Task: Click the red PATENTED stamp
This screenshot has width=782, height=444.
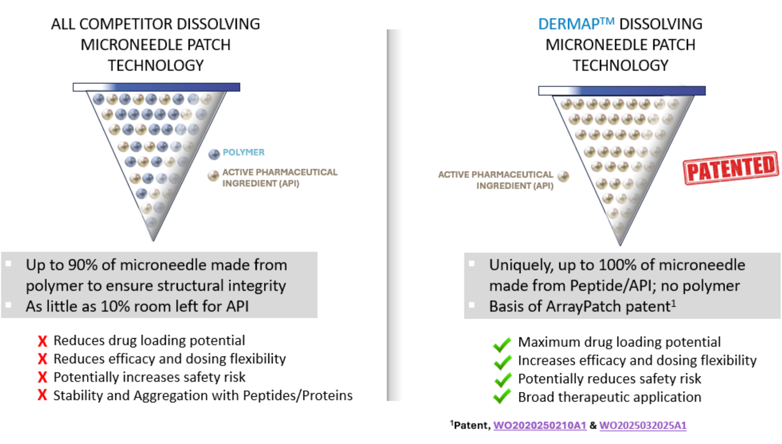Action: (x=731, y=168)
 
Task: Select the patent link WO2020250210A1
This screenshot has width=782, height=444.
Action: (x=540, y=425)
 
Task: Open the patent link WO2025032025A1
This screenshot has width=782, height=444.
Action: (x=643, y=425)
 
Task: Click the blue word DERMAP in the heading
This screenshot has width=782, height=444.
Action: (x=569, y=24)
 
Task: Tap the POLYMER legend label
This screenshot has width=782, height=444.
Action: (x=244, y=152)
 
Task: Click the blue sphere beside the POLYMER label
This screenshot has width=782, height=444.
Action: (x=214, y=154)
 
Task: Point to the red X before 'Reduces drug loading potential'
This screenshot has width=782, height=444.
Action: (x=43, y=341)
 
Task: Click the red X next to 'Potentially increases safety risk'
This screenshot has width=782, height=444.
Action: (x=43, y=377)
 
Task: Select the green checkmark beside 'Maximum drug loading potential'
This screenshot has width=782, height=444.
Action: (x=502, y=344)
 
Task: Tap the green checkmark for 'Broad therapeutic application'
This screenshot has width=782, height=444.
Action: (x=502, y=398)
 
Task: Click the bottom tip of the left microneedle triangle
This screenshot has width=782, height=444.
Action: (x=153, y=241)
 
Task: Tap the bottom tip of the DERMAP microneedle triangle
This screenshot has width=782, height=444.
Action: (x=620, y=245)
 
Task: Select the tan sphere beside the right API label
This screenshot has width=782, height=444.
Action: (x=563, y=177)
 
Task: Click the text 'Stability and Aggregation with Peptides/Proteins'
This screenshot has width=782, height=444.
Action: (x=203, y=396)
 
